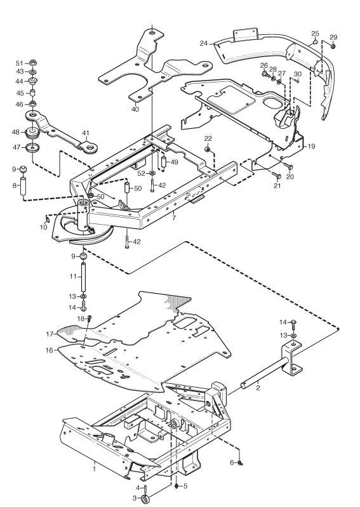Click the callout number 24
click(x=203, y=43)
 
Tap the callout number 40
click(x=135, y=109)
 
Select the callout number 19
click(x=311, y=146)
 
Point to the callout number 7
click(x=174, y=218)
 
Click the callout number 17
click(x=50, y=334)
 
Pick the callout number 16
click(x=49, y=350)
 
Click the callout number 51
click(x=20, y=63)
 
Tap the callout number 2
click(x=258, y=388)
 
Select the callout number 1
click(x=94, y=468)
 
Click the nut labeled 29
click(x=333, y=46)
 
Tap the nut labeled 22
click(x=208, y=149)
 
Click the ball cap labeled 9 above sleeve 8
click(x=23, y=169)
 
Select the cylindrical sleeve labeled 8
click(x=23, y=185)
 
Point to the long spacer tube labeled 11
click(x=83, y=277)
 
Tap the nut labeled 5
click(x=176, y=486)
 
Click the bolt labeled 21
click(x=277, y=176)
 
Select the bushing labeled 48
click(x=32, y=132)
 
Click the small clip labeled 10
click(x=48, y=220)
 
